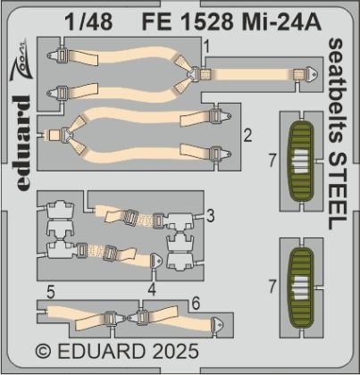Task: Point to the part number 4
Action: [153, 288]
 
